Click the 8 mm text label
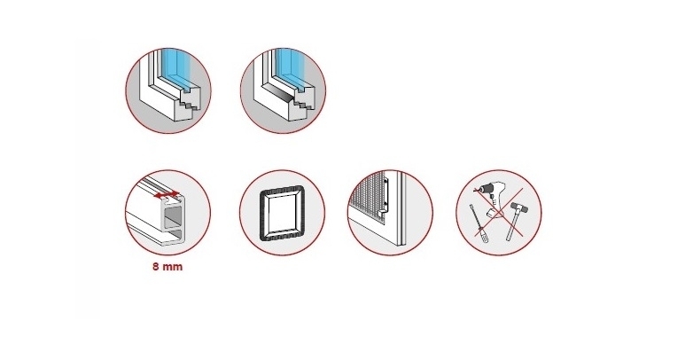[x=167, y=267]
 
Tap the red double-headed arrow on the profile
[x=167, y=194]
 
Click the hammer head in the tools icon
[x=517, y=206]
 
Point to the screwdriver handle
[x=484, y=235]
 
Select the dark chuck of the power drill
[x=481, y=189]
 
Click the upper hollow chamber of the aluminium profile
[x=174, y=218]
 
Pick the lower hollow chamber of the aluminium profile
[x=174, y=235]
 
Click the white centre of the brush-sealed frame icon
[x=282, y=212]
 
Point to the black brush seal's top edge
[x=282, y=189]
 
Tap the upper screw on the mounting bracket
[x=385, y=181]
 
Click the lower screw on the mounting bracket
[x=385, y=204]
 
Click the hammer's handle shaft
[x=512, y=224]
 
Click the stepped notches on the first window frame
[x=189, y=101]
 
